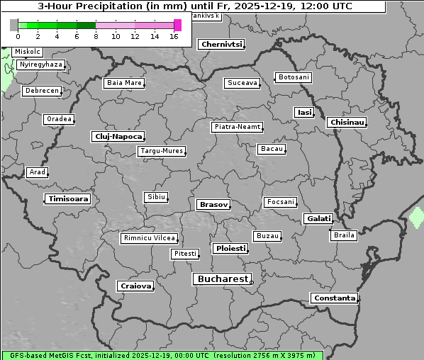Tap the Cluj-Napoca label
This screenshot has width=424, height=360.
(x=118, y=136)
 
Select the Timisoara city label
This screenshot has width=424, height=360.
(x=68, y=199)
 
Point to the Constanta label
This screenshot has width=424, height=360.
(x=334, y=298)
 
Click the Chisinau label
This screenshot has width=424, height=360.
(x=347, y=123)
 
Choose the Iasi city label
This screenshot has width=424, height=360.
(x=304, y=112)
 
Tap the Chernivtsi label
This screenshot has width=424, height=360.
(x=221, y=44)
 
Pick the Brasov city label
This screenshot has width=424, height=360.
(x=213, y=204)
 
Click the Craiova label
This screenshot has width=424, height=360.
(x=135, y=286)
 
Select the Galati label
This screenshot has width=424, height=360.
(x=318, y=219)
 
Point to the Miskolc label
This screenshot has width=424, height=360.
(x=28, y=52)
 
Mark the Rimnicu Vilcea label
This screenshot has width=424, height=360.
(x=149, y=238)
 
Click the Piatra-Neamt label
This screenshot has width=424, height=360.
(x=237, y=127)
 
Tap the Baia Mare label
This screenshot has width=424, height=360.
(x=124, y=83)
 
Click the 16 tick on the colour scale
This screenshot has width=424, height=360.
(x=174, y=36)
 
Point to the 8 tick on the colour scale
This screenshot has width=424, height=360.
(x=96, y=36)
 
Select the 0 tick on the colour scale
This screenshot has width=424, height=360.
(x=18, y=36)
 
